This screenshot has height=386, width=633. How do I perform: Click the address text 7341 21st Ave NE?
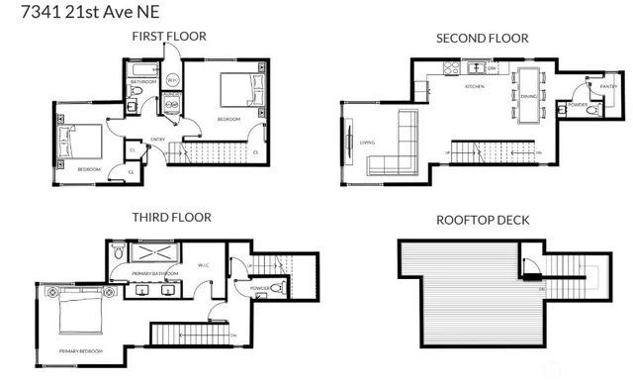click(68, 12)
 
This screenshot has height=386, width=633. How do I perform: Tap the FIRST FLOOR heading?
click(169, 37)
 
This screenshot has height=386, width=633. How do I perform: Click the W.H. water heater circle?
click(171, 80)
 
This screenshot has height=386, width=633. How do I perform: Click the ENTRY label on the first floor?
click(157, 140)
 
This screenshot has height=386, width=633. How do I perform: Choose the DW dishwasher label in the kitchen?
click(492, 69)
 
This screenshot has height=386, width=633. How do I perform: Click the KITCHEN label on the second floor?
click(475, 87)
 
